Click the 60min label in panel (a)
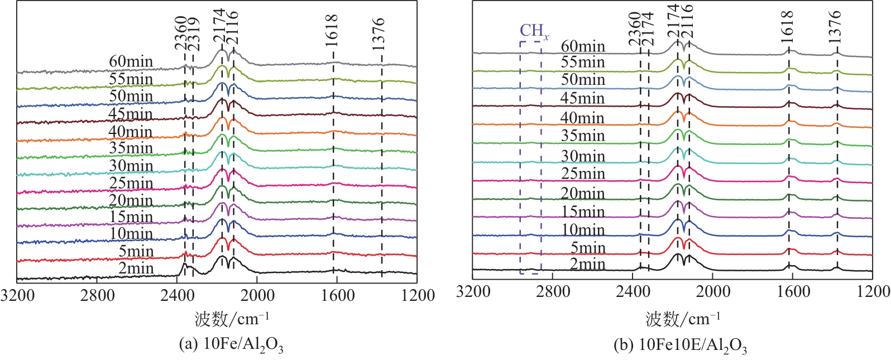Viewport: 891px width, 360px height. pos(131,61)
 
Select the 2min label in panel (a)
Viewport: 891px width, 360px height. pos(136,268)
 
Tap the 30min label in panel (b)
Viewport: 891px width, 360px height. pos(583,156)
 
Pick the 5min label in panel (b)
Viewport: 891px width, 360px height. pos(587,247)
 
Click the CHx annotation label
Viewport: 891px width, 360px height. pos(534,32)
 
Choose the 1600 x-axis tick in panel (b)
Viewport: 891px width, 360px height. pos(793,291)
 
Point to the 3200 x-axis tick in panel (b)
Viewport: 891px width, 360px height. pos(473,291)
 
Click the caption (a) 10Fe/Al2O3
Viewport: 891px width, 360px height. pos(231,344)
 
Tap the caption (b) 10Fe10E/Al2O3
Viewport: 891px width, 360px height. pos(680,345)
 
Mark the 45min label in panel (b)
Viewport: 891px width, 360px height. pos(583,98)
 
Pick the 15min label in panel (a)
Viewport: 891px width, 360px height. pos(131,217)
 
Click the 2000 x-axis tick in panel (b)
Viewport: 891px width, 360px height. pos(713,291)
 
